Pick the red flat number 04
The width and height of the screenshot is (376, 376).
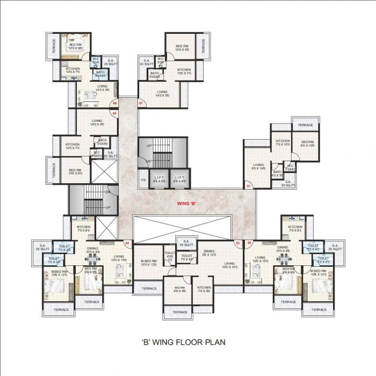pyautogui.click(x=127, y=243)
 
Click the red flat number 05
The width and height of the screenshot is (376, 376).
pyautogui.click(x=114, y=113)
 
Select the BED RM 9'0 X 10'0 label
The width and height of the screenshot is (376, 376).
pyautogui.click(x=307, y=143)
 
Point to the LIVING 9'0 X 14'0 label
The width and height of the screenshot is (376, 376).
pyautogui.click(x=259, y=167)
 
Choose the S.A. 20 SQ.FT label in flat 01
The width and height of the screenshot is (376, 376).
pyautogui.click(x=288, y=184)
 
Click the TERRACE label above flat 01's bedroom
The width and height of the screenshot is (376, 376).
pyautogui.click(x=305, y=125)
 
